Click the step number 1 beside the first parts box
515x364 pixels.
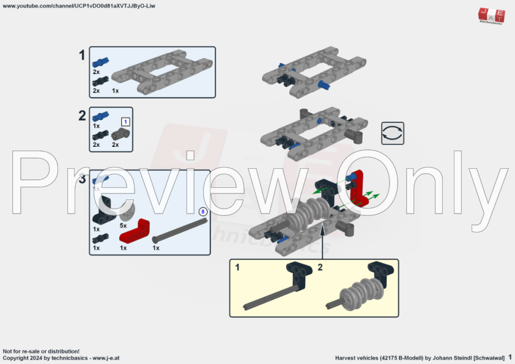tap(82, 56)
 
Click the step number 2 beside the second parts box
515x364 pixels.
tap(82, 116)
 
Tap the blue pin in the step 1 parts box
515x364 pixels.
tap(100, 62)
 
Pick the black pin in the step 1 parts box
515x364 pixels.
tap(100, 80)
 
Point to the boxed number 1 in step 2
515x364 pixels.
tap(125, 121)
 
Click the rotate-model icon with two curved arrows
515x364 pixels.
tap(392, 133)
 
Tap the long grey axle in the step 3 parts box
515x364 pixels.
tap(178, 230)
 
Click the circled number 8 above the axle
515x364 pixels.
tap(202, 211)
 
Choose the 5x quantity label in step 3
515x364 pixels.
tap(123, 225)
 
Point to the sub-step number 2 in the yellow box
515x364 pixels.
tap(320, 267)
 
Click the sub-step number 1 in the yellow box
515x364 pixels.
tap(237, 267)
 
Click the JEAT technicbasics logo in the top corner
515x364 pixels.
tap(491, 16)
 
